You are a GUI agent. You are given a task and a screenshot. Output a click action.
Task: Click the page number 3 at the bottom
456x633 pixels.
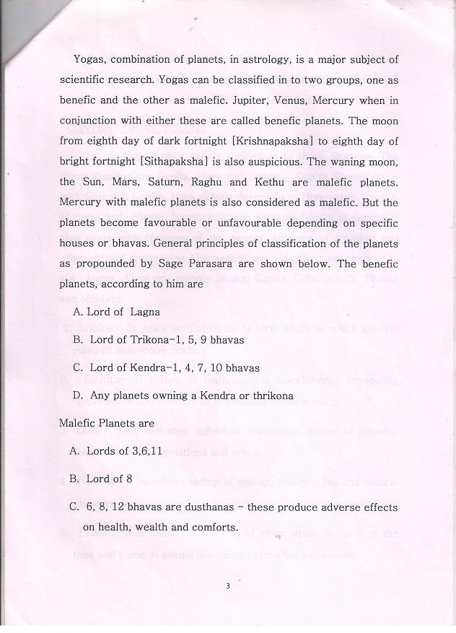(x=227, y=585)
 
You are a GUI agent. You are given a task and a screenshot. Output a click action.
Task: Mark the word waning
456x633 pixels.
(x=343, y=162)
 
